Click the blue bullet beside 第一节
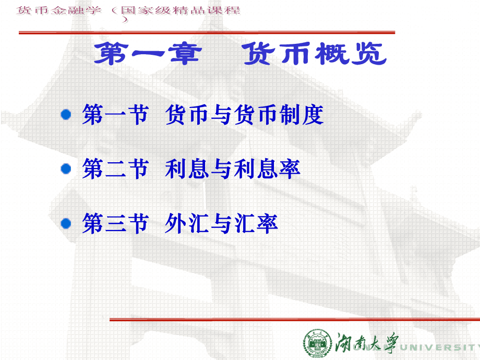(x=66, y=115)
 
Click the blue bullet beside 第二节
(x=66, y=169)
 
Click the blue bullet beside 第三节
(x=66, y=224)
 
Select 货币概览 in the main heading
(x=315, y=54)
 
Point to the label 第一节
(x=115, y=115)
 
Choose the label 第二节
(x=115, y=170)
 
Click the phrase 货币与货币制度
(x=244, y=115)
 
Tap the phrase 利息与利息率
(x=232, y=170)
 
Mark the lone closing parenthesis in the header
(x=124, y=20)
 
